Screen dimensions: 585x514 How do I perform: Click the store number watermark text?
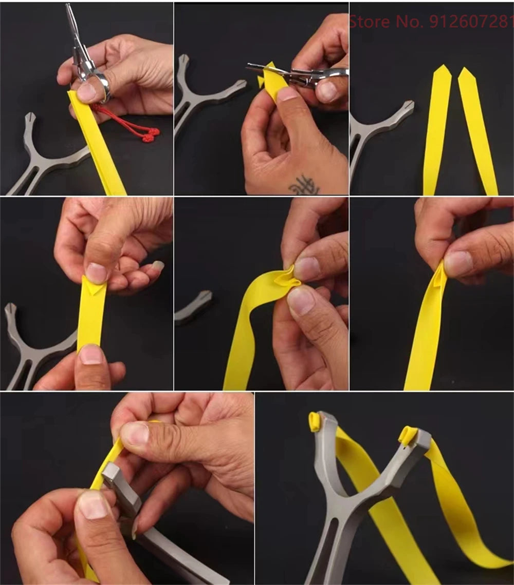point(431,22)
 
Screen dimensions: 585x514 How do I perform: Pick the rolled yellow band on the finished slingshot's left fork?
point(315,421)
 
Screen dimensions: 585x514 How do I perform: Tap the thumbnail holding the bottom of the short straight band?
point(91,354)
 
